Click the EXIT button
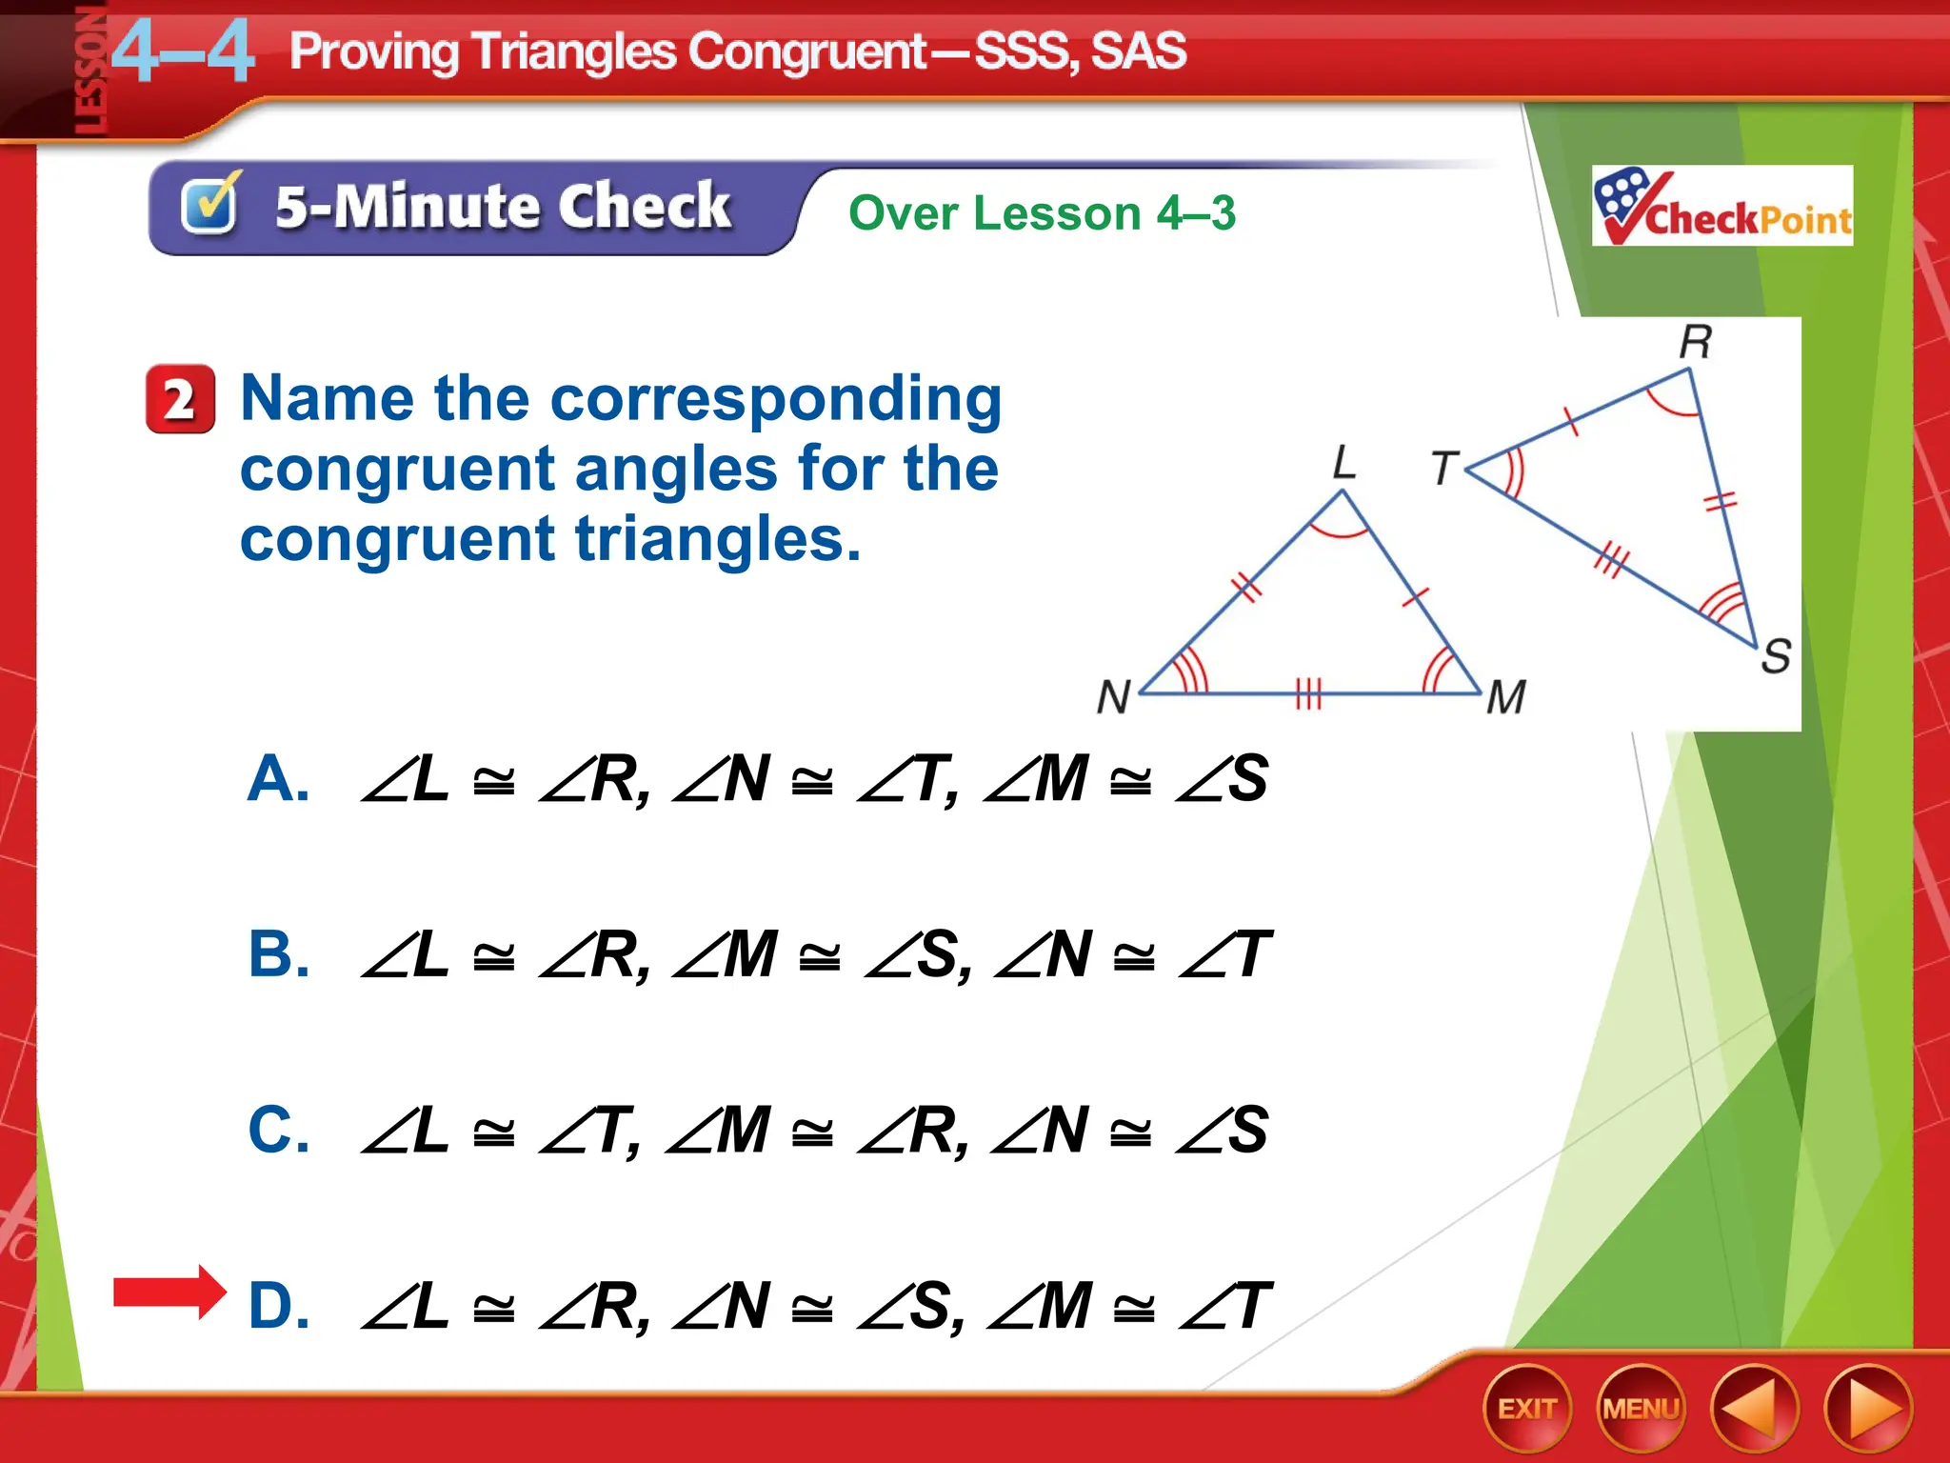(x=1526, y=1408)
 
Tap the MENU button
(x=1641, y=1408)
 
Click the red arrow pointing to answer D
(x=169, y=1293)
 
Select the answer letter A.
(x=277, y=779)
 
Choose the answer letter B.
(x=278, y=954)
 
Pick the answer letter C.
(x=278, y=1131)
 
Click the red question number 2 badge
(x=180, y=399)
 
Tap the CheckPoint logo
(x=1721, y=206)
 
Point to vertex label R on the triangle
(x=1695, y=341)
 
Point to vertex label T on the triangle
(x=1444, y=468)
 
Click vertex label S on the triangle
(x=1776, y=655)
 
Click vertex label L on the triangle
(x=1343, y=463)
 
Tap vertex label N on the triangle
(x=1113, y=696)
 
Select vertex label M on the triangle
(x=1505, y=696)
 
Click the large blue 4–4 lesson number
(x=183, y=52)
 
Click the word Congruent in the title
(x=807, y=51)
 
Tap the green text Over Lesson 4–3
(x=1042, y=212)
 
